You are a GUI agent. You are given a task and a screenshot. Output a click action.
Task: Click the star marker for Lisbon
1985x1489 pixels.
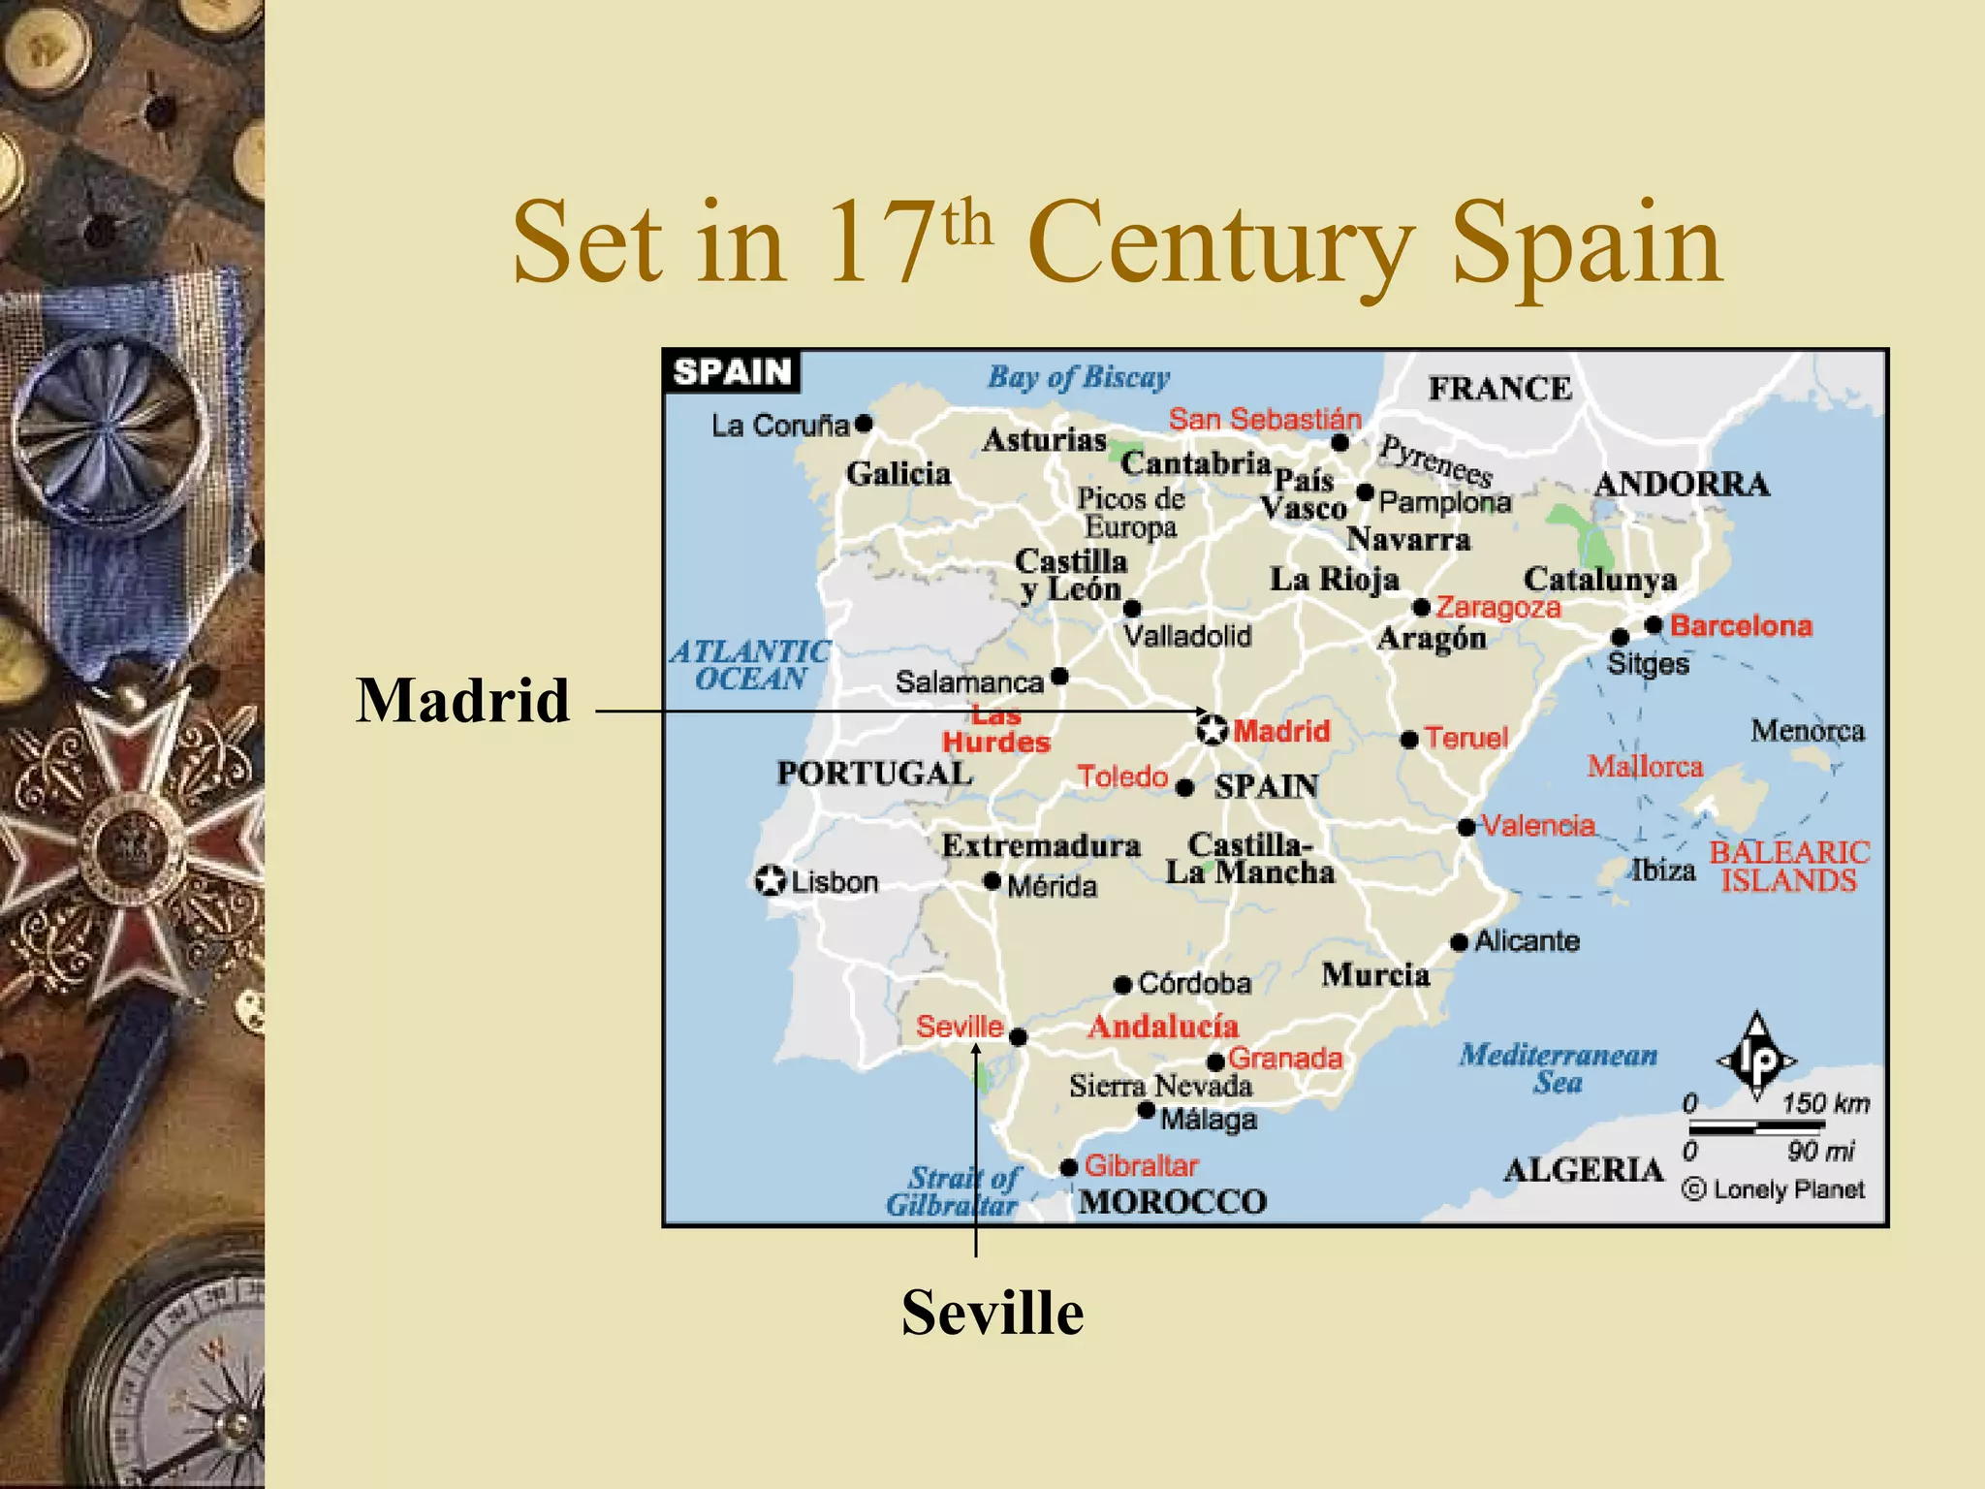pos(771,881)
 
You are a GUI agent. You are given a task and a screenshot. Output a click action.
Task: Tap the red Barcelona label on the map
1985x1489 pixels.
pos(1741,626)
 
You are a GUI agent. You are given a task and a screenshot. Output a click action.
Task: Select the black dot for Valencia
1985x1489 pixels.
pos(1466,827)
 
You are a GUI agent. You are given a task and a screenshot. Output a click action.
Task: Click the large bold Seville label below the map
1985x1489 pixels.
pos(992,1313)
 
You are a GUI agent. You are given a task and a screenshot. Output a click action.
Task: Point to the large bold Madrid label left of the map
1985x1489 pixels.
pos(463,700)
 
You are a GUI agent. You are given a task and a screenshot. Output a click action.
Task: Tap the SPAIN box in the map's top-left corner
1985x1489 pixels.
pos(733,372)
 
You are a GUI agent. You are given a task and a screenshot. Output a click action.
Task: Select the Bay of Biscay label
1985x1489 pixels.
pos(1078,377)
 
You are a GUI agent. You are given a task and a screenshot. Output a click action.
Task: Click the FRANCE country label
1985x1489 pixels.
pos(1499,389)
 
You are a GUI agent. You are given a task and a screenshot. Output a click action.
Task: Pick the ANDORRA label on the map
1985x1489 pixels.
pos(1682,484)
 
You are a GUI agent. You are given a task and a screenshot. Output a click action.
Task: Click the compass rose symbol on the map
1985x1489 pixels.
pos(1756,1059)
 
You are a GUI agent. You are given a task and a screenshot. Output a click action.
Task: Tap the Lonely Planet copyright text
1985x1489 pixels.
pos(1774,1189)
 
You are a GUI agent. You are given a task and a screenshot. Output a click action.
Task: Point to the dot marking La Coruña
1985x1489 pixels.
pos(864,424)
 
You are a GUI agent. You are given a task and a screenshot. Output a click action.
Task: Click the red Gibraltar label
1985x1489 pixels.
pos(1141,1165)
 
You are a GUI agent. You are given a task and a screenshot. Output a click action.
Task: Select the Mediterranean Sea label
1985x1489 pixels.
pos(1558,1067)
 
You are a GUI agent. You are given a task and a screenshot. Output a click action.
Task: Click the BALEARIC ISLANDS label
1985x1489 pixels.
pos(1789,866)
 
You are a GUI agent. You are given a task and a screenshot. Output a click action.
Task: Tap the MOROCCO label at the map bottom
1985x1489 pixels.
pos(1173,1202)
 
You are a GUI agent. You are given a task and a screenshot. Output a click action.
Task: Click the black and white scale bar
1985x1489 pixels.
pos(1757,1127)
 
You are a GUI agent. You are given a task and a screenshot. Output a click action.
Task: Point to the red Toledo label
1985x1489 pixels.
pos(1122,776)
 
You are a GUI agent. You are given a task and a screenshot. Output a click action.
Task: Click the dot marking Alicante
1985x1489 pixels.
pos(1460,942)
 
